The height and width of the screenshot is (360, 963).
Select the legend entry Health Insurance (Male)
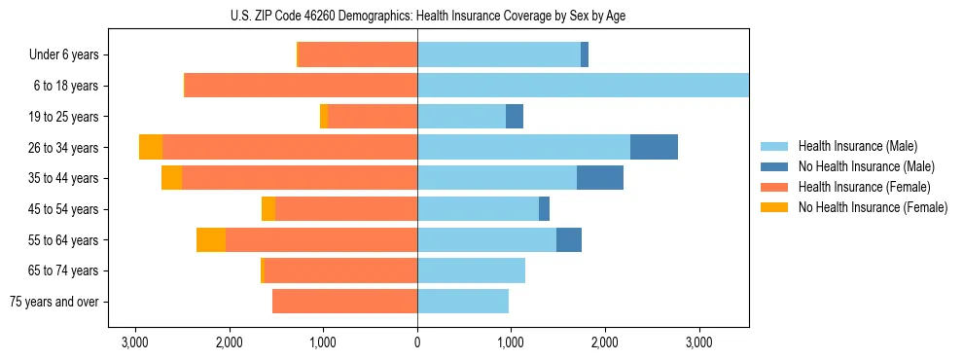tap(857, 146)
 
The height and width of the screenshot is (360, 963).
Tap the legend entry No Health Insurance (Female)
tap(872, 207)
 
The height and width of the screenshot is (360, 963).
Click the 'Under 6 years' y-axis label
tap(64, 55)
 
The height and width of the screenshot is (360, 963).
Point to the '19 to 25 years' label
tap(62, 117)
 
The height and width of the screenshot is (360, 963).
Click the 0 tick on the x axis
tap(417, 342)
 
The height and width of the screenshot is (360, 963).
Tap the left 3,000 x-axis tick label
tap(134, 342)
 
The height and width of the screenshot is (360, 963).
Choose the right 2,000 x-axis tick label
tap(605, 342)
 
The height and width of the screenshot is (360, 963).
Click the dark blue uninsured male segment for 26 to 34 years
tap(654, 147)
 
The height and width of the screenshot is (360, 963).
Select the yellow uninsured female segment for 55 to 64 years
tap(211, 239)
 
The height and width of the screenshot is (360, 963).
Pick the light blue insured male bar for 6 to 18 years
tap(583, 86)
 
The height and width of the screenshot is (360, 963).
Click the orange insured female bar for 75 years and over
tap(344, 302)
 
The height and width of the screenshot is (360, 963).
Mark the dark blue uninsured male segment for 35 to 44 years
tap(600, 178)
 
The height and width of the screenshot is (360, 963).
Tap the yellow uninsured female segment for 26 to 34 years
tap(151, 147)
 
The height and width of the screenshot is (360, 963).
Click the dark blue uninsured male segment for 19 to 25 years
tap(515, 117)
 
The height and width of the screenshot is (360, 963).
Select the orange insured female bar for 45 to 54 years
tap(346, 209)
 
